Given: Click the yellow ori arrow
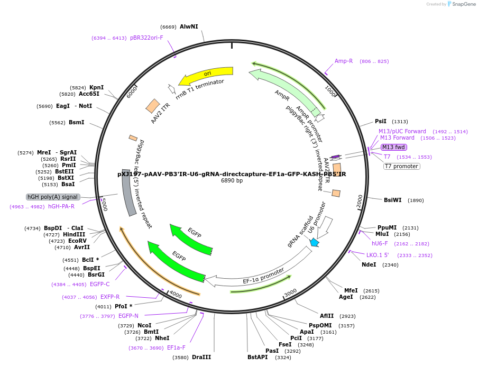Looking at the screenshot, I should pos(206,76).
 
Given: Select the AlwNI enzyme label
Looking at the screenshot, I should pos(189,26).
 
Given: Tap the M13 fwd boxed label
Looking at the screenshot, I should pos(394,147).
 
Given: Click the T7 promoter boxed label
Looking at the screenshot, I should pos(401,166).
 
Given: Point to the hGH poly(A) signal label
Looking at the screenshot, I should pos(53,197).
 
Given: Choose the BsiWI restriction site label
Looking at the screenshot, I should pos(393,200).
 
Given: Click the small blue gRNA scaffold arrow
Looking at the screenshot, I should pos(315,242).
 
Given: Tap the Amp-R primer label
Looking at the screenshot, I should pos(344,61).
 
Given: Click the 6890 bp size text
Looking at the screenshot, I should pos(232,181).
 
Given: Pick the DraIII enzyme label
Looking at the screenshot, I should pos(201,358).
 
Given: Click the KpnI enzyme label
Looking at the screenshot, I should pos(96,87).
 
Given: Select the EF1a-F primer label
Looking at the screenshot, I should pos(176,347).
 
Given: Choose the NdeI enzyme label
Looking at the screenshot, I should pos(369,264).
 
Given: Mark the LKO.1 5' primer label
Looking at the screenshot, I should pos(378,255).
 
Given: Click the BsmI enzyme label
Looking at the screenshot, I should pos(76,122).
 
